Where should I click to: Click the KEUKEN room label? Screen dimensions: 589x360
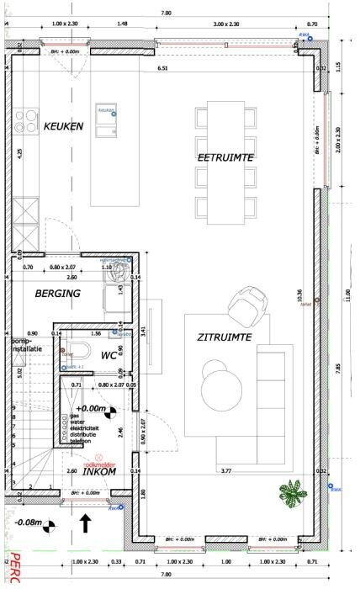63,126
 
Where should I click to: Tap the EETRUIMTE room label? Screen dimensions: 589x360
225,157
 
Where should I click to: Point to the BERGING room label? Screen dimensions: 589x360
57,294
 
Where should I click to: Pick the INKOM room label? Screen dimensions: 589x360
98,472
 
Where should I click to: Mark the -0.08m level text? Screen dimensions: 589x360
30,522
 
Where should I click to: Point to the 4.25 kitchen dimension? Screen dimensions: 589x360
20,155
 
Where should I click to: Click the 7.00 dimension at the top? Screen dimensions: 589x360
166,12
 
